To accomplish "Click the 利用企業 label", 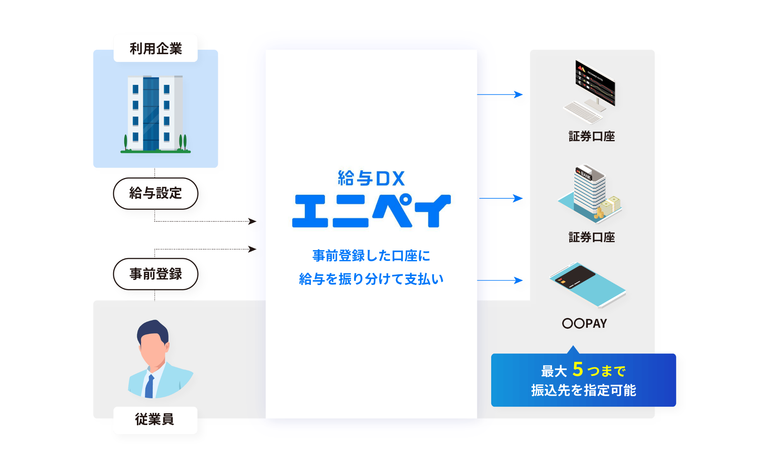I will click(156, 49).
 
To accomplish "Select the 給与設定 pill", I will click(156, 193).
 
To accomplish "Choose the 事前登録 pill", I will click(156, 274).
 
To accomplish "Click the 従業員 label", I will click(155, 419).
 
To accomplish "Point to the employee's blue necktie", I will click(150, 386).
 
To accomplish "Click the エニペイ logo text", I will click(371, 211).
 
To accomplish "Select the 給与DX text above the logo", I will click(371, 178).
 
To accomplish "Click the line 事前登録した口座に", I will click(371, 256).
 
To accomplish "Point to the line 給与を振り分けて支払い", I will click(371, 279).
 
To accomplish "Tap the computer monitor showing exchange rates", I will click(595, 83).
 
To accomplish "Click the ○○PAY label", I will click(584, 323).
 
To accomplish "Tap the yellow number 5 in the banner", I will click(578, 369).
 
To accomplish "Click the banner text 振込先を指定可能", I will click(583, 390).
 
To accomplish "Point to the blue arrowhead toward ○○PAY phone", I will click(518, 280).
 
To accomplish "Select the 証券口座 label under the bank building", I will click(592, 237).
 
